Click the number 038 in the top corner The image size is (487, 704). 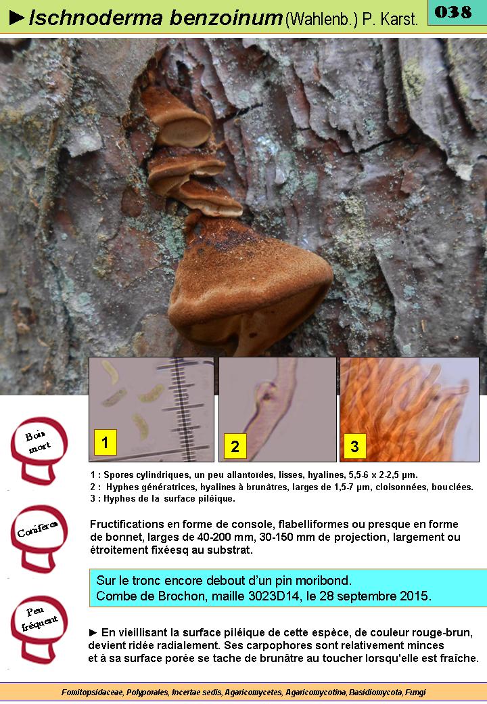pyautogui.click(x=453, y=12)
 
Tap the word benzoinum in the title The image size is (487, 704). pyautogui.click(x=225, y=18)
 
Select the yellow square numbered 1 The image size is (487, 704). pyautogui.click(x=105, y=442)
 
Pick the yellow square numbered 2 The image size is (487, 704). pyautogui.click(x=235, y=446)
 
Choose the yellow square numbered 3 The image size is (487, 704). pyautogui.click(x=354, y=446)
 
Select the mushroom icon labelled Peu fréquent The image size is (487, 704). pyautogui.click(x=39, y=629)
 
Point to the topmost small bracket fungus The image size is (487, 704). pyautogui.click(x=177, y=118)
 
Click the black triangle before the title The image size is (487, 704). pyautogui.click(x=17, y=18)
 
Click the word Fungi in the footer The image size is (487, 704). pyautogui.click(x=416, y=692)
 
